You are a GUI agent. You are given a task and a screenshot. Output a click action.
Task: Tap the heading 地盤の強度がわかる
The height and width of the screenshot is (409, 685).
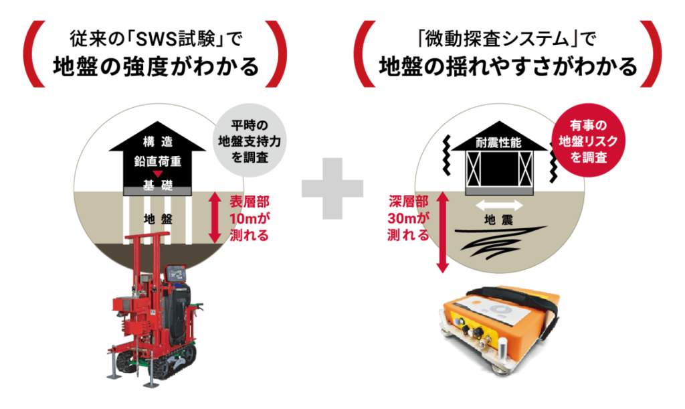[156, 67]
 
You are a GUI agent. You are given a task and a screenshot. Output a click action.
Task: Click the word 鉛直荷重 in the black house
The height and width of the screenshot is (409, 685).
[159, 162]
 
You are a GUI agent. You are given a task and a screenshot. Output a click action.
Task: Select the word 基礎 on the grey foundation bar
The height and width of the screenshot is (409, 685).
[159, 185]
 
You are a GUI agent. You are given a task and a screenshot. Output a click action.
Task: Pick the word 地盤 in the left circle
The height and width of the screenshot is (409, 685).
[159, 218]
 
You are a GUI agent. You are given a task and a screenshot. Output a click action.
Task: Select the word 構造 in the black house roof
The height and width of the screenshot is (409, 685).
[159, 141]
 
